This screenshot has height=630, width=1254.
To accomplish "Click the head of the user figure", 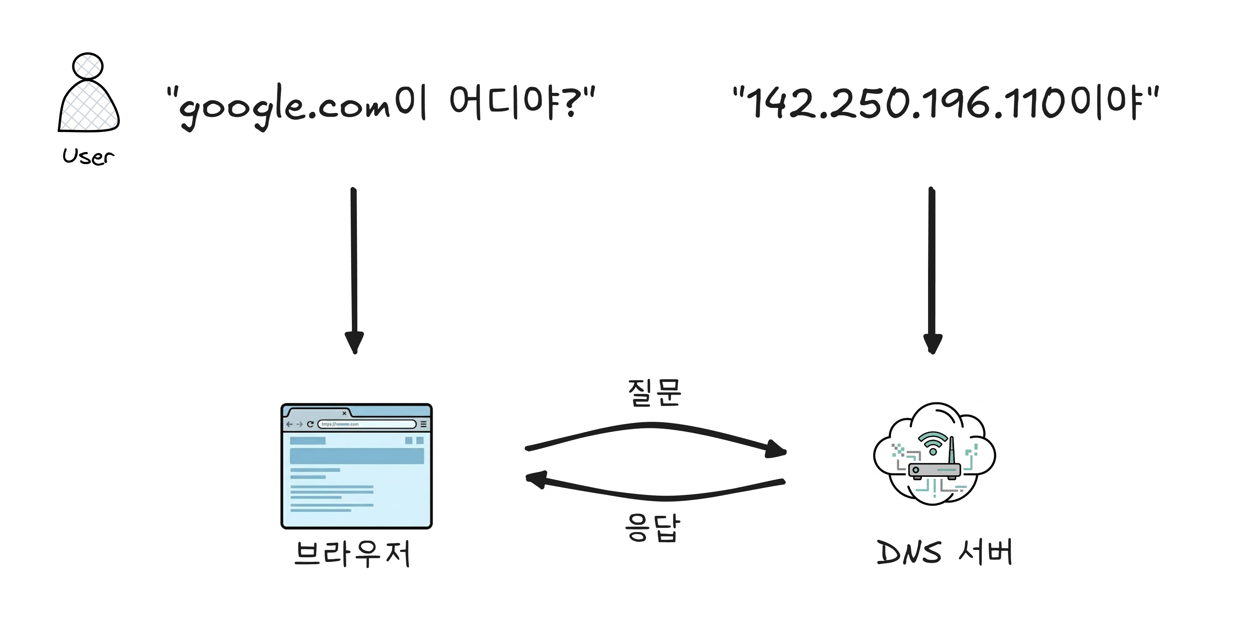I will (x=88, y=66).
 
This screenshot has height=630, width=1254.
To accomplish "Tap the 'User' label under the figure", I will (x=88, y=156).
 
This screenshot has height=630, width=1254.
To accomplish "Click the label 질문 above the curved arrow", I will (x=654, y=392).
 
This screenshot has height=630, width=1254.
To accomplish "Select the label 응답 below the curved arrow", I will (x=652, y=528).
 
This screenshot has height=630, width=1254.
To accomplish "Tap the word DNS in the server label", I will (x=908, y=553).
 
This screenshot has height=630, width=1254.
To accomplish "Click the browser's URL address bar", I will (x=367, y=424).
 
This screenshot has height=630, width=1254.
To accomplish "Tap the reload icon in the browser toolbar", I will (x=310, y=424).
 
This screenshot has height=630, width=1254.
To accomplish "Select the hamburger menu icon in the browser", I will (x=423, y=424).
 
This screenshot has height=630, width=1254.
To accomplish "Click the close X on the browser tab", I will (x=344, y=413).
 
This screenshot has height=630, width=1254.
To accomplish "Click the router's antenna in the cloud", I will (x=952, y=451).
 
